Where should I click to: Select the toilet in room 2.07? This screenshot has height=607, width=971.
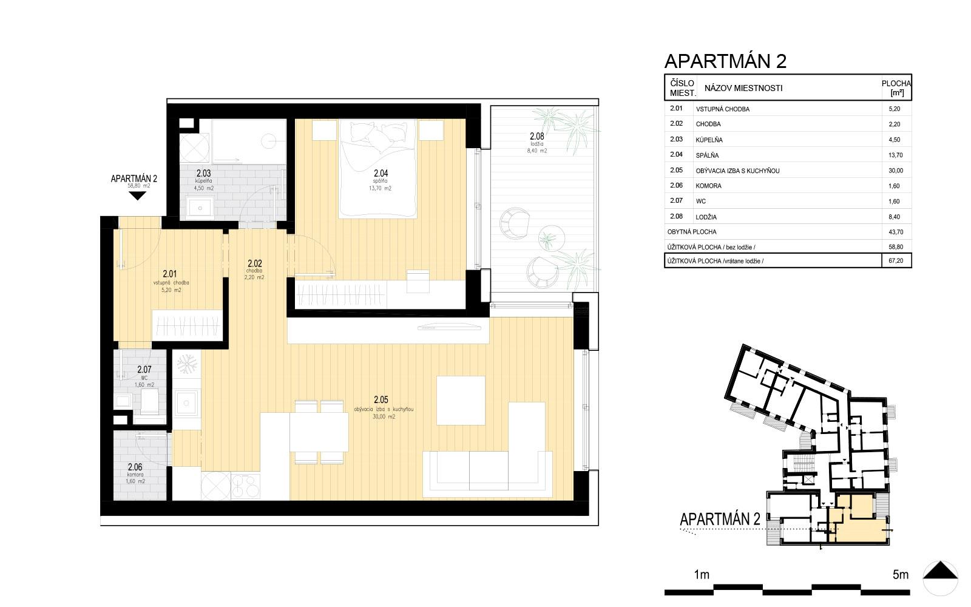[x=149, y=401]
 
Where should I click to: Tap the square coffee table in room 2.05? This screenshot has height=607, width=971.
[x=461, y=401]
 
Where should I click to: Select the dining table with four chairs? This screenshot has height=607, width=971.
[x=319, y=432]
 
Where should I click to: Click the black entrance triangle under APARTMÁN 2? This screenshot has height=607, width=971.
[x=138, y=195]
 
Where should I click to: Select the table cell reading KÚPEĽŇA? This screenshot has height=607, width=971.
[x=709, y=140]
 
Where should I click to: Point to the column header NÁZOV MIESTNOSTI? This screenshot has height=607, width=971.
[x=743, y=88]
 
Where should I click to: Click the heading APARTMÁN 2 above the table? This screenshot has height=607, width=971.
[x=725, y=61]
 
